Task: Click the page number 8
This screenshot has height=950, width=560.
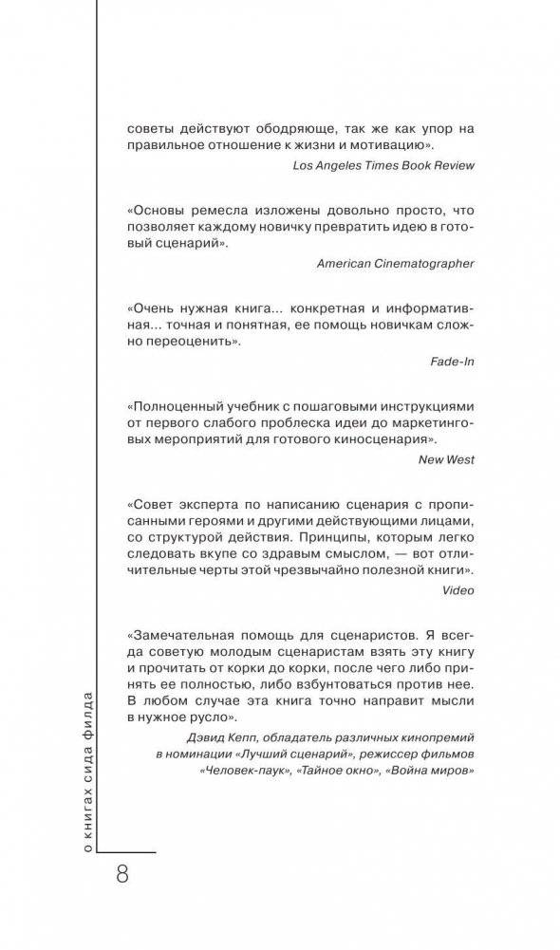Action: click(121, 874)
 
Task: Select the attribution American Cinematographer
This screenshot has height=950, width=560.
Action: click(396, 263)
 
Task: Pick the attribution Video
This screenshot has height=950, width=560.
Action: click(457, 589)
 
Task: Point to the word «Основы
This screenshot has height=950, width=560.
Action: click(159, 210)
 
